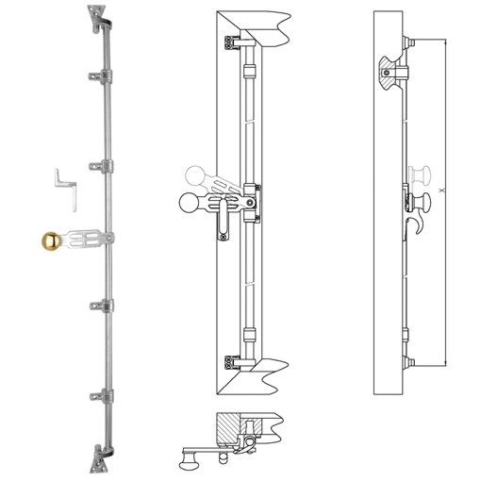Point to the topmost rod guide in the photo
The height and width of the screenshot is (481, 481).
[x=95, y=74]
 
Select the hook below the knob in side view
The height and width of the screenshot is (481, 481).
[x=415, y=224]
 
